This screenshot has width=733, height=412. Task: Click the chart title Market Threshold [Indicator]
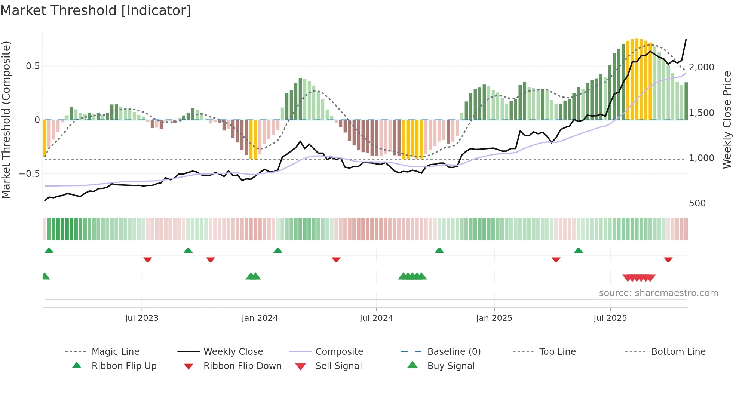click(x=96, y=10)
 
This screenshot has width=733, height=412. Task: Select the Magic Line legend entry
click(x=115, y=351)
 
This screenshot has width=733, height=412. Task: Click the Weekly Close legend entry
click(x=233, y=351)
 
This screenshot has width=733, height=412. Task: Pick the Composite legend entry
click(x=339, y=351)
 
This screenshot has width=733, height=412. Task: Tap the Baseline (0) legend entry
click(x=454, y=351)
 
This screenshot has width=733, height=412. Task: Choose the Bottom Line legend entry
click(x=678, y=351)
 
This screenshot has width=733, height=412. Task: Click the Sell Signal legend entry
click(x=338, y=366)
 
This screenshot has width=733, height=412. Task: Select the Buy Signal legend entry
click(x=451, y=366)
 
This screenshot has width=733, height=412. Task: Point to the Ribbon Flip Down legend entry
click(x=242, y=366)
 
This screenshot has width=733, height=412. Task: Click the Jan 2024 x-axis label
click(x=260, y=318)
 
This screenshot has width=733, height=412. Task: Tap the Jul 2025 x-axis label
click(x=610, y=318)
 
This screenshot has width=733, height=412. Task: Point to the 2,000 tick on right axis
click(x=701, y=67)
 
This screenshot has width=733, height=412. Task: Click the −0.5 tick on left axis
click(x=29, y=174)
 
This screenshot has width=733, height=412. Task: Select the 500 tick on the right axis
click(x=697, y=203)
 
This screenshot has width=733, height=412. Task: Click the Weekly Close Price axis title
click(x=727, y=120)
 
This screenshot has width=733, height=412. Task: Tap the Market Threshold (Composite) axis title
click(x=6, y=120)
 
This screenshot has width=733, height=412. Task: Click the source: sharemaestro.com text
click(x=658, y=293)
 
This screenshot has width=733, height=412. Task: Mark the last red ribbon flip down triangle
click(x=668, y=259)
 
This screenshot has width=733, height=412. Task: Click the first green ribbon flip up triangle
click(x=49, y=250)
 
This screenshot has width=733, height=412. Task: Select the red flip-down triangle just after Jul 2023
click(x=148, y=259)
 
